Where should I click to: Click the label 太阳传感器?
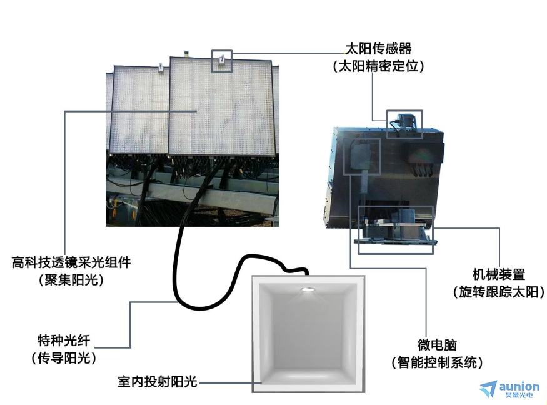point(378,49)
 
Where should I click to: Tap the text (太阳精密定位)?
point(378,66)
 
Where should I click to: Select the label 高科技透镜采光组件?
point(71,262)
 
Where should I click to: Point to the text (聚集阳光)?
point(71,280)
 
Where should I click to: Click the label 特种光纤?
point(64,341)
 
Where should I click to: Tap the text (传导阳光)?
point(64,358)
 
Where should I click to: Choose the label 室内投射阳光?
point(158,382)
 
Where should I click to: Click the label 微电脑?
point(437,346)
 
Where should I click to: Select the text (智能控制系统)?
point(437,362)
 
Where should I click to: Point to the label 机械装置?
point(499,274)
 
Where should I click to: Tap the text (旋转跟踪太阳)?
point(499,292)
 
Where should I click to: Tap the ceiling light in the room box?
point(307,289)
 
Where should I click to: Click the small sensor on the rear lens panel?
point(161,67)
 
